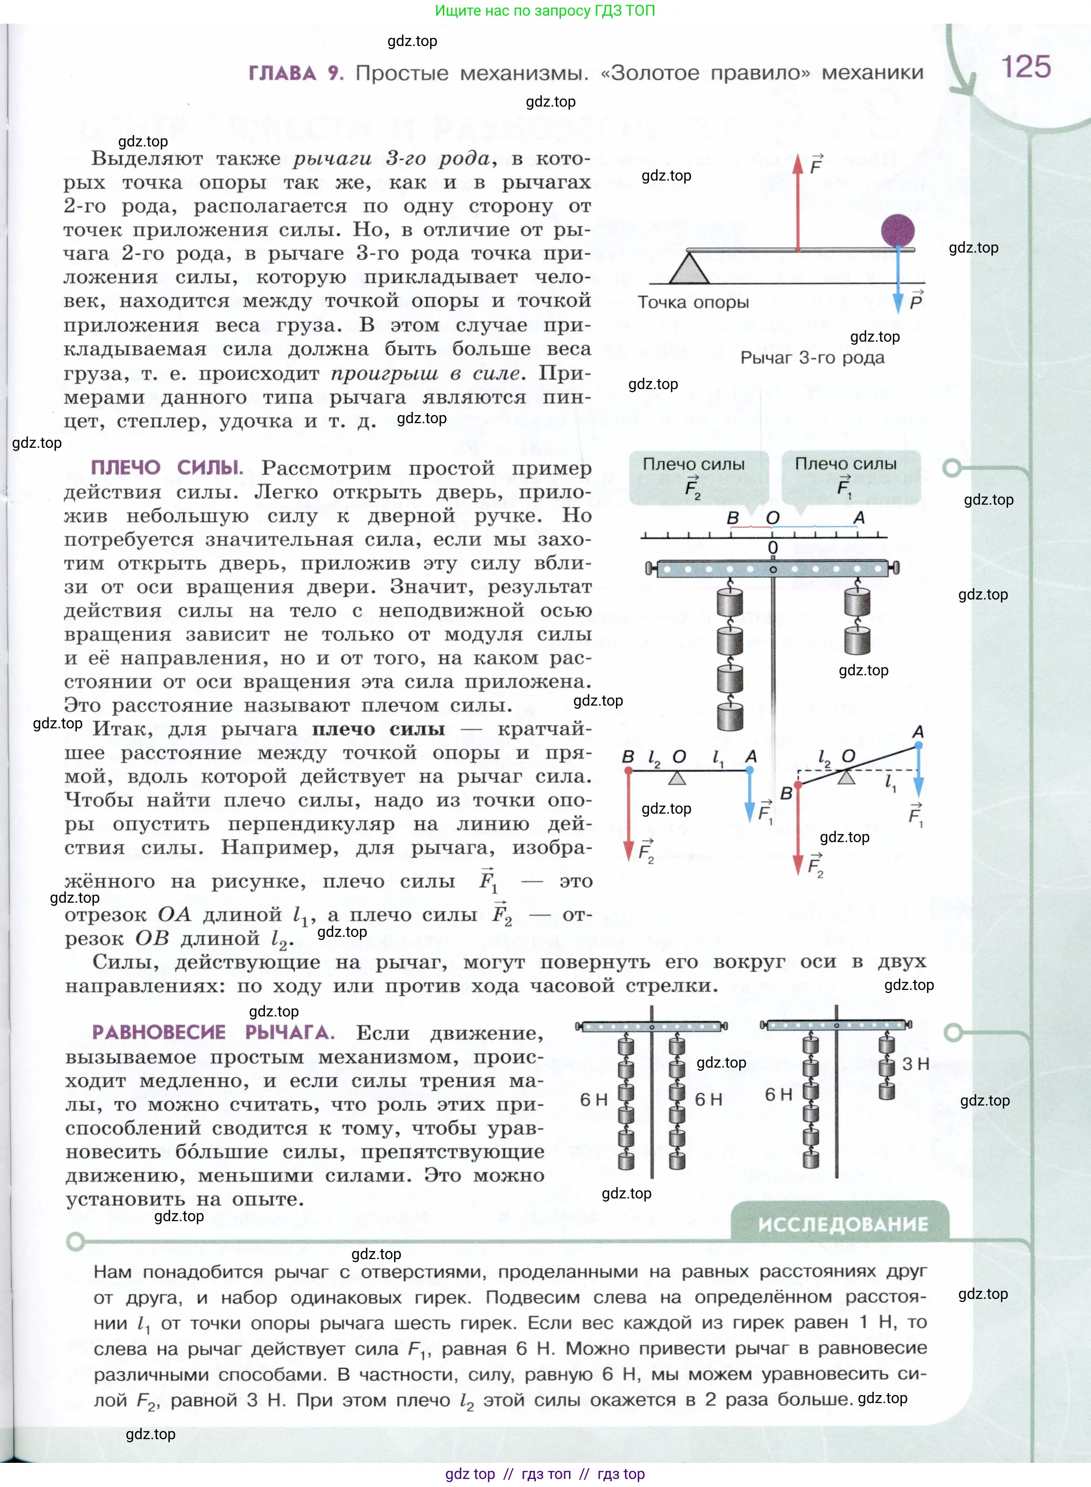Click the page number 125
point(1026,67)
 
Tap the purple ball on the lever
point(898,231)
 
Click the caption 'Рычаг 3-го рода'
point(812,358)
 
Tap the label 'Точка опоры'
point(693,302)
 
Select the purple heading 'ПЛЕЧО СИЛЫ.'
point(166,468)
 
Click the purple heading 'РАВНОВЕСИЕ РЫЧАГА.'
point(212,1032)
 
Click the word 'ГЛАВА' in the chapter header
point(282,73)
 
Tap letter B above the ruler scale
point(733,518)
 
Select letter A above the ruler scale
point(859,518)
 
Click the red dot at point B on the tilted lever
point(798,785)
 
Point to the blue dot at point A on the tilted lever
point(918,745)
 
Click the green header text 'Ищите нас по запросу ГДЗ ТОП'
point(545,10)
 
